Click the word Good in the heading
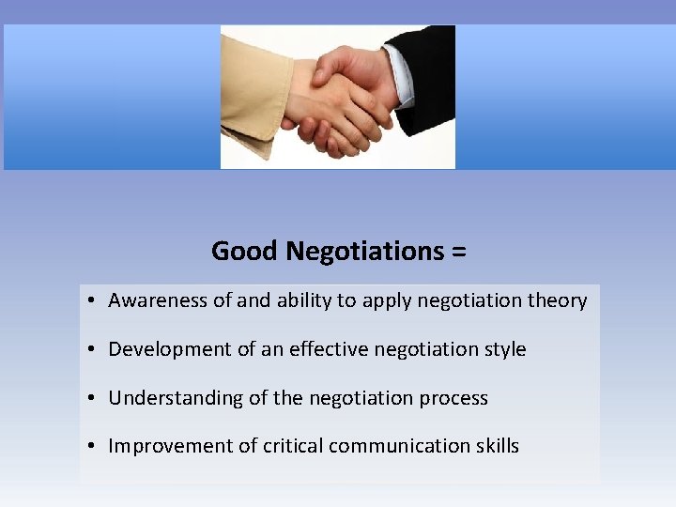tap(244, 252)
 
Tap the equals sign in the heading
tap(459, 252)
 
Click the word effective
tap(332, 349)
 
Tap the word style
tap(504, 349)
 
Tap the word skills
tap(496, 446)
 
